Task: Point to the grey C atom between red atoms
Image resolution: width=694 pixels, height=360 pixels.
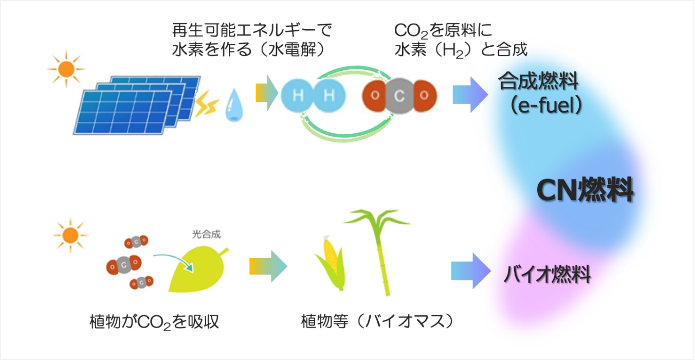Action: (399, 95)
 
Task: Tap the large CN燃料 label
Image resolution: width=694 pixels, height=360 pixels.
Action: (585, 191)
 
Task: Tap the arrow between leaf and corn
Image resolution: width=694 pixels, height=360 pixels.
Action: (268, 266)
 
